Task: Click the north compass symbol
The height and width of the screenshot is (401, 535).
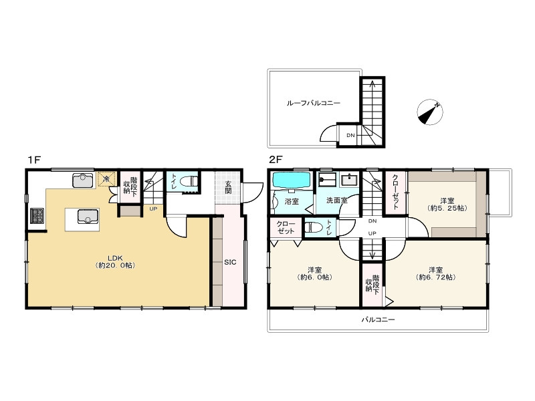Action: tap(430, 112)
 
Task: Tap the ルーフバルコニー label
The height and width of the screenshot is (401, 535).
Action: tap(313, 103)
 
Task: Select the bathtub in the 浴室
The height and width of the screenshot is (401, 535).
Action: tap(292, 180)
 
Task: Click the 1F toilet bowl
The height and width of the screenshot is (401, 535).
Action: tap(189, 181)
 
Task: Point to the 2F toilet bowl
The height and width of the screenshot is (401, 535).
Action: tap(314, 227)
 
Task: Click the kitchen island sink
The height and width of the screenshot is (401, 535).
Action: tap(88, 216)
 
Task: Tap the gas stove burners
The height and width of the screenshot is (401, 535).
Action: tap(37, 215)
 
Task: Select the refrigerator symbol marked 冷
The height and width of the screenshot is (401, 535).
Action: tap(106, 179)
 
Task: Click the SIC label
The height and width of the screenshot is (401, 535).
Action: tap(230, 262)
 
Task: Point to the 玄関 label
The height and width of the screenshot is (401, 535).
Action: tap(228, 187)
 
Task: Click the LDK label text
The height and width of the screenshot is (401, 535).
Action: tap(115, 258)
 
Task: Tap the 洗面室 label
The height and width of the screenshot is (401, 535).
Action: tap(337, 200)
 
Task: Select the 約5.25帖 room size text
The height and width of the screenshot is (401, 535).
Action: tap(447, 208)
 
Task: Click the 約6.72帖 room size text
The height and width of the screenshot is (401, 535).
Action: tap(436, 277)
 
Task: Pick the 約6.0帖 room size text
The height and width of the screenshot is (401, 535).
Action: tap(314, 277)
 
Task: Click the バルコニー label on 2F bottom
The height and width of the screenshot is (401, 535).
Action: tap(378, 320)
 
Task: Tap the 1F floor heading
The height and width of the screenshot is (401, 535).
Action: tap(35, 160)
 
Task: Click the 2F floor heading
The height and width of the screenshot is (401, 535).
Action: tap(276, 159)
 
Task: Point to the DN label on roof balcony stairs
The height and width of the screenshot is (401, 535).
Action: tap(350, 136)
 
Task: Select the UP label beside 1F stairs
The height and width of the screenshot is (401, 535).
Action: tap(153, 209)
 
